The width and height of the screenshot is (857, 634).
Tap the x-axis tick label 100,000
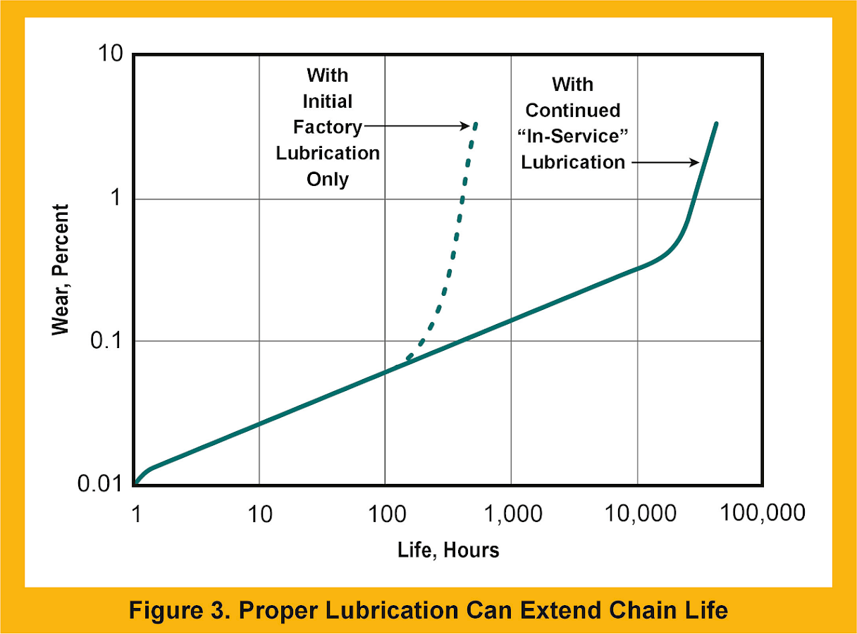point(762,513)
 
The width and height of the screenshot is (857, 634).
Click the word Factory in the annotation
point(327,127)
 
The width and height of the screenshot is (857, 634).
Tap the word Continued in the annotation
point(572,111)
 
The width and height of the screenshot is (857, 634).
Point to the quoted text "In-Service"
point(572,136)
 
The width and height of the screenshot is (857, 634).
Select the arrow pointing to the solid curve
point(663,162)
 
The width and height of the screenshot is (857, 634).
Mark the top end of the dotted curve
point(476,123)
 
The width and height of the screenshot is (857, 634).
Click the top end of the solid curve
point(716,123)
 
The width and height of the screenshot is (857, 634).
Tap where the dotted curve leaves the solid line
point(407,359)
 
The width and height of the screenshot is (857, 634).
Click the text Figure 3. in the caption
point(178,610)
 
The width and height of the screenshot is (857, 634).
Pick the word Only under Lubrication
point(327,179)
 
